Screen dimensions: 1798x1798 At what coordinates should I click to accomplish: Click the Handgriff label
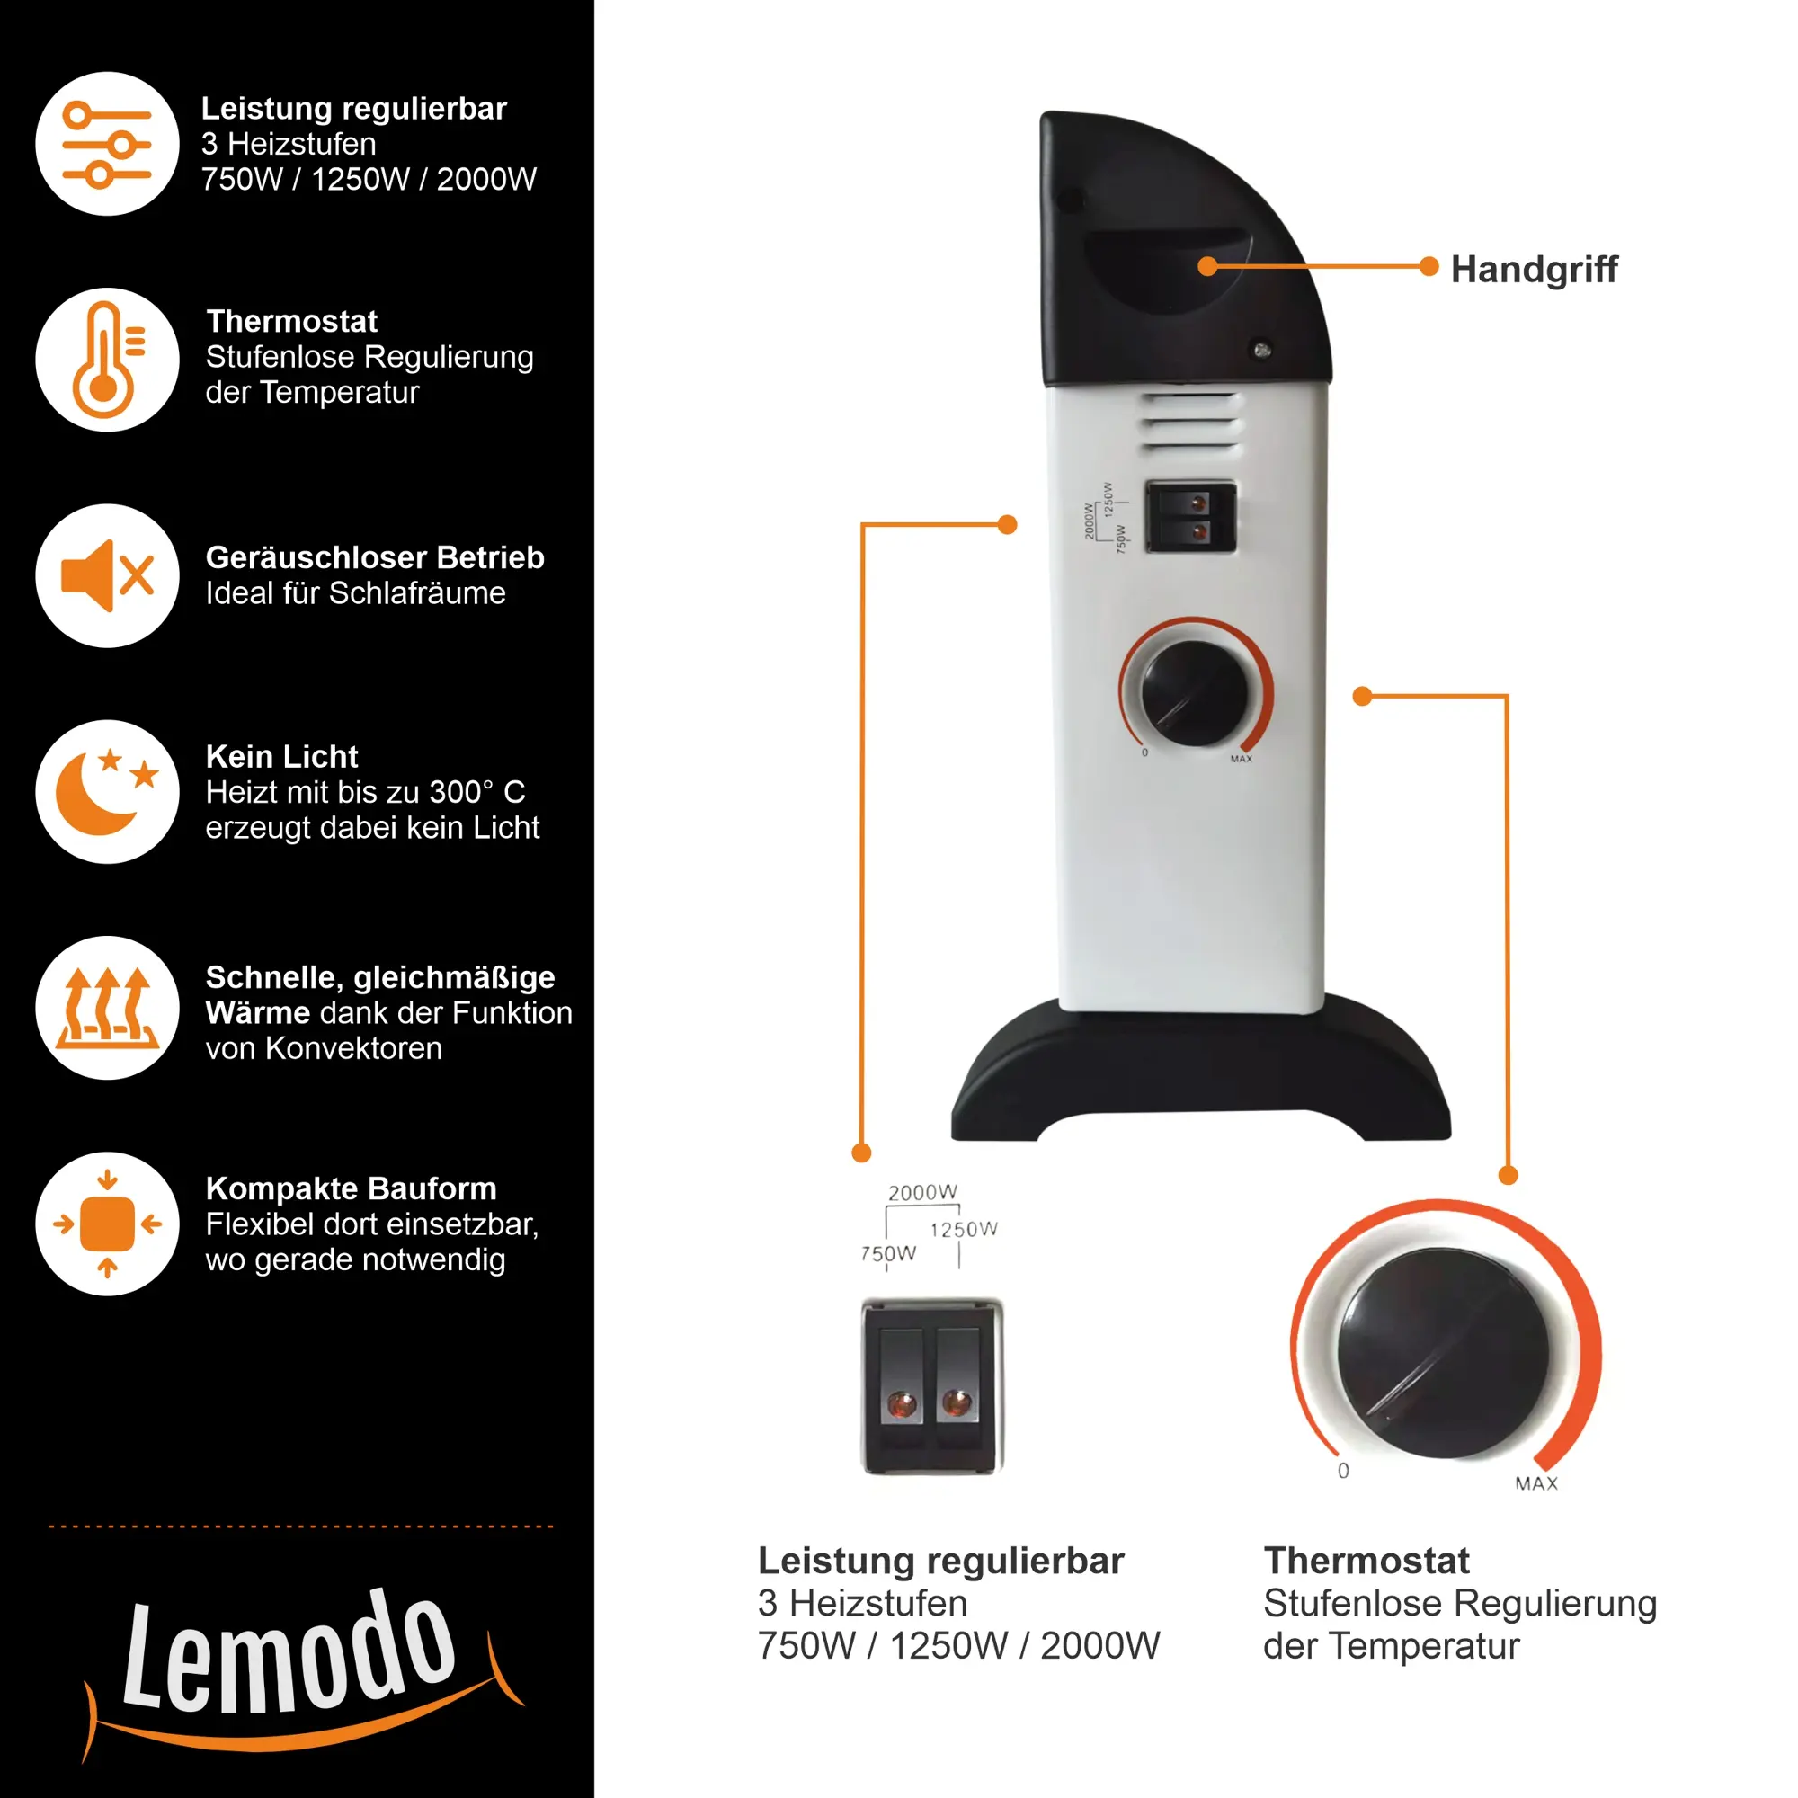coord(1534,270)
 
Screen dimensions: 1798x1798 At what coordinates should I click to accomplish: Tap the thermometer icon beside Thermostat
coord(107,360)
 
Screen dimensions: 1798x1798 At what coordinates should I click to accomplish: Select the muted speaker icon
coord(107,576)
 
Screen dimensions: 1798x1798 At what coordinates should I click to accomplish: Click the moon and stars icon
coord(107,792)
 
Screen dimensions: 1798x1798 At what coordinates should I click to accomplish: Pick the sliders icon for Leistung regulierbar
coord(107,144)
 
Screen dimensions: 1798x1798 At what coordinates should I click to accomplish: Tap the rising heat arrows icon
coord(107,1008)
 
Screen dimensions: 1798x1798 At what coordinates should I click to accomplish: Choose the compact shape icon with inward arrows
coord(107,1224)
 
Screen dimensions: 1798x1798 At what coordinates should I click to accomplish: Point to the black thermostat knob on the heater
coord(1195,693)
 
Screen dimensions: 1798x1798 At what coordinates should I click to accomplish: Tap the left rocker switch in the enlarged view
coord(902,1386)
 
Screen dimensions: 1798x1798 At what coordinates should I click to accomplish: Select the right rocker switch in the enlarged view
coord(957,1386)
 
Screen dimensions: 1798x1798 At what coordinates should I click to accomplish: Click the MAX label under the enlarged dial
coord(1536,1483)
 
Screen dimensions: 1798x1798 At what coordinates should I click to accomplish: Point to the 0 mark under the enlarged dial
coord(1343,1471)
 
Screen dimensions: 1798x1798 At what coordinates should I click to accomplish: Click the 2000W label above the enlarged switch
coord(922,1192)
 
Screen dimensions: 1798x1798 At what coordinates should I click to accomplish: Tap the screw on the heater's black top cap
coord(1262,350)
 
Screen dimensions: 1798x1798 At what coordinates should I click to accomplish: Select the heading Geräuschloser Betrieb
coord(375,557)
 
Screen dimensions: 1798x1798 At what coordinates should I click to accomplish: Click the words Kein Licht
coord(282,757)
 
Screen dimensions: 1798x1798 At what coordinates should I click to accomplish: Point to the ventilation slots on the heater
coord(1191,423)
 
